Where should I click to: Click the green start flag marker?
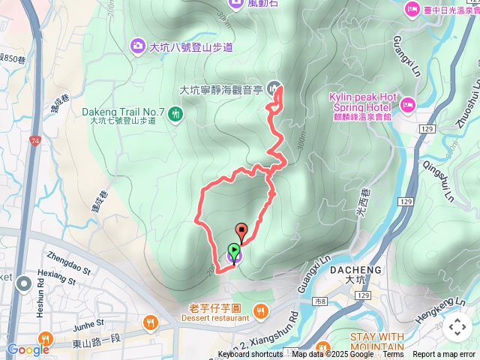coord(234,251)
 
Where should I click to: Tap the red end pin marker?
coord(241,230)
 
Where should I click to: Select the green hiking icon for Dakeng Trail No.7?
coord(175,114)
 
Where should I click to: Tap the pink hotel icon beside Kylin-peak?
coord(407,102)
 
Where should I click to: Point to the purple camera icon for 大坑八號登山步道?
coord(137,46)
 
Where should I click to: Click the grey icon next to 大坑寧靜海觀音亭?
coord(274,88)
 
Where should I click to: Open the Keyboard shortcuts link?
coord(250,355)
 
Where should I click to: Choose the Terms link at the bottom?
coord(393,355)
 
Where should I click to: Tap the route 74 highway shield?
coord(36,139)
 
